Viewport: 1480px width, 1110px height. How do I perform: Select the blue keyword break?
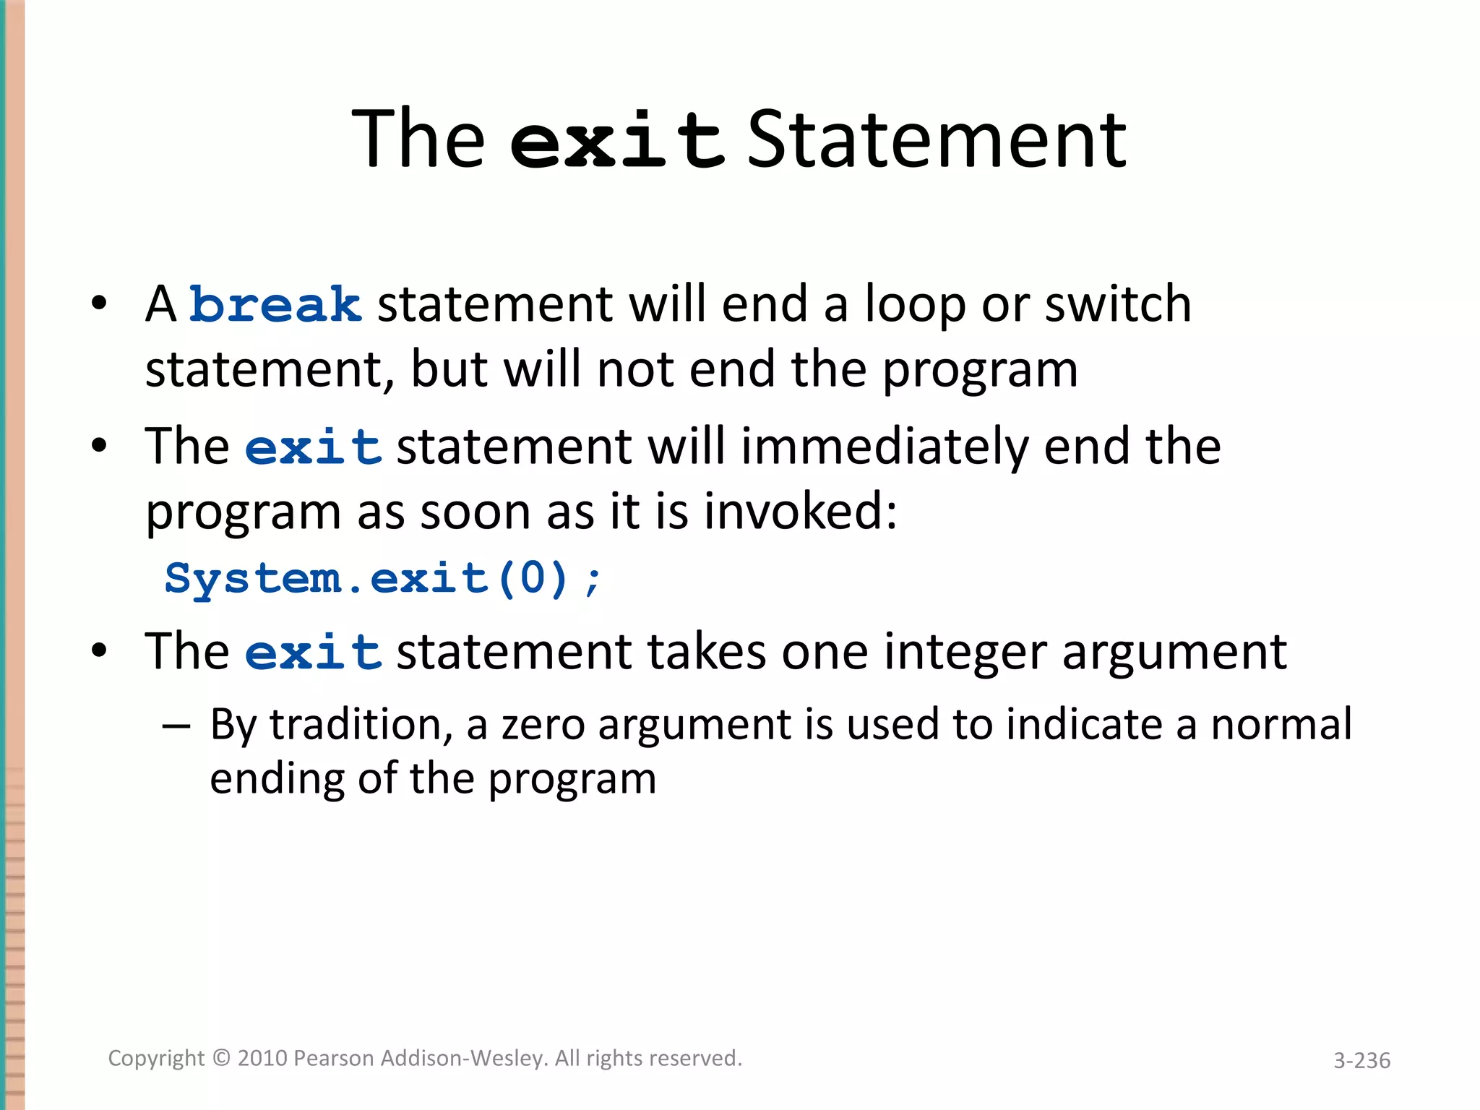275,305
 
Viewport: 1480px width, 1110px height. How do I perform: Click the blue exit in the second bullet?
313,447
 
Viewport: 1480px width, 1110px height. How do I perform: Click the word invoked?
800,512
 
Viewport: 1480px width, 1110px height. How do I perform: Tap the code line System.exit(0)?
383,579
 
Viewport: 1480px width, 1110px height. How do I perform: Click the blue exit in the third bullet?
313,653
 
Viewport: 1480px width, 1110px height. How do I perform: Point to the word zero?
543,726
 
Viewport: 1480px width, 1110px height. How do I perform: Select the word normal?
1281,724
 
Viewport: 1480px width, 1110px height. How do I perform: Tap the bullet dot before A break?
99,304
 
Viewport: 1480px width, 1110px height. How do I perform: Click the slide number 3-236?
1361,1060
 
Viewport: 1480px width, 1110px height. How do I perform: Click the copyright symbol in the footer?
221,1058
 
